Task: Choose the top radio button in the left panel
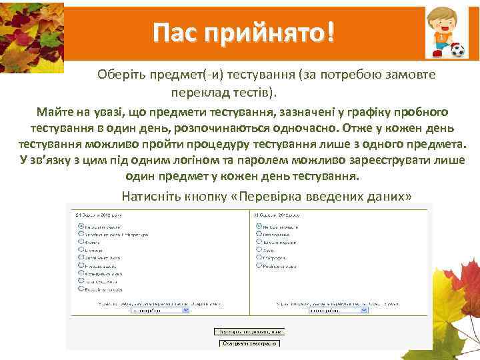tap(80, 226)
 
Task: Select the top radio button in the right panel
tap(257, 226)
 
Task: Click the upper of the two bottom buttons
tap(249, 331)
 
